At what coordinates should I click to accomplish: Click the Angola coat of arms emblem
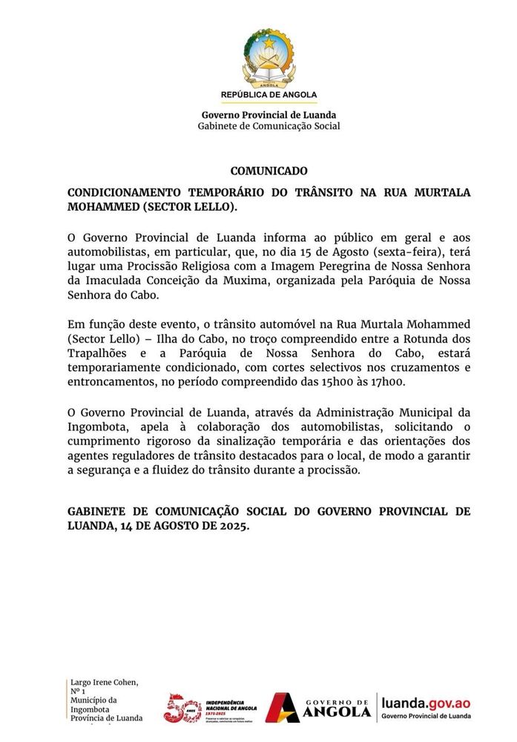click(269, 59)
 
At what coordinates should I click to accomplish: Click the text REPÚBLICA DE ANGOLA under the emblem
click(269, 95)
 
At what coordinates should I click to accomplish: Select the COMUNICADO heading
click(269, 171)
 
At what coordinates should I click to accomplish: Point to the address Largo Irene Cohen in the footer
click(104, 683)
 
